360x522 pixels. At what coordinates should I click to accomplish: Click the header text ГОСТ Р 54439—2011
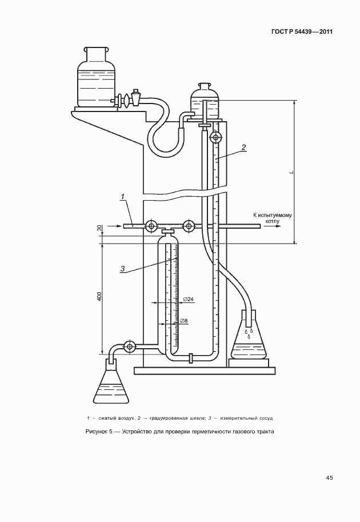pyautogui.click(x=302, y=32)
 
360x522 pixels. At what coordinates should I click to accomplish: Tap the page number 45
pyautogui.click(x=329, y=478)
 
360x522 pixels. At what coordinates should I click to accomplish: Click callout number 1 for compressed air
pyautogui.click(x=122, y=197)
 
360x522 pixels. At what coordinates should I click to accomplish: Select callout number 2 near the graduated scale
pyautogui.click(x=243, y=147)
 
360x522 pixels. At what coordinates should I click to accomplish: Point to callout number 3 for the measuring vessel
pyautogui.click(x=122, y=269)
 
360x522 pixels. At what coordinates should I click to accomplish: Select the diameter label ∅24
pyautogui.click(x=189, y=300)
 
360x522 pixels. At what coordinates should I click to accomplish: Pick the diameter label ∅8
pyautogui.click(x=184, y=321)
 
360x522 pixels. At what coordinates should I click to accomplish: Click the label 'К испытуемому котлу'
pyautogui.click(x=272, y=218)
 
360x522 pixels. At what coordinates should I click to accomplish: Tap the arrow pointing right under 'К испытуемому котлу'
pyautogui.click(x=273, y=226)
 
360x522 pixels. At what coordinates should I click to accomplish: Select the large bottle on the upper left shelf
pyautogui.click(x=96, y=78)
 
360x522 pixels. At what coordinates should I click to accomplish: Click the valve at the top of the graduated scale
pyautogui.click(x=215, y=137)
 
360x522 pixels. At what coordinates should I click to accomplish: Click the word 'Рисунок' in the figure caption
pyautogui.click(x=96, y=432)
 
